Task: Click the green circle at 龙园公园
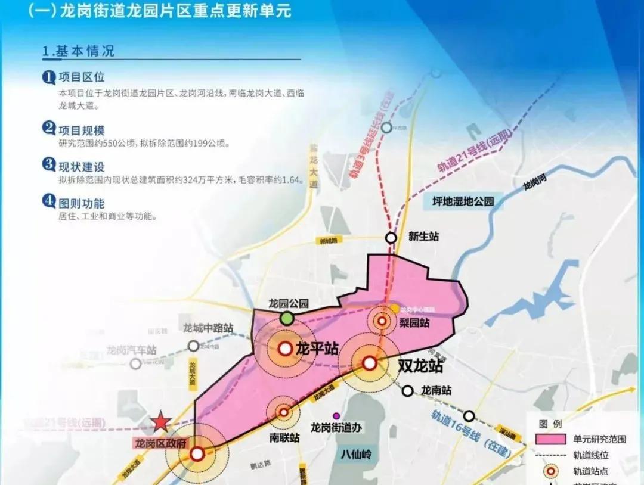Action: tap(287, 318)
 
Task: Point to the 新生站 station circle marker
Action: tap(391, 238)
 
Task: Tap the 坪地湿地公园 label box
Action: tap(464, 201)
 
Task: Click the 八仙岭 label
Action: tap(357, 455)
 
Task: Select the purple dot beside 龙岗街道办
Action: tap(336, 415)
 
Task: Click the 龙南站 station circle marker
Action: tap(407, 391)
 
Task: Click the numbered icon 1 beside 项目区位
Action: tap(48, 77)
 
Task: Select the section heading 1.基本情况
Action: tap(78, 51)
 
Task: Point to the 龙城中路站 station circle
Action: tap(193, 346)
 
